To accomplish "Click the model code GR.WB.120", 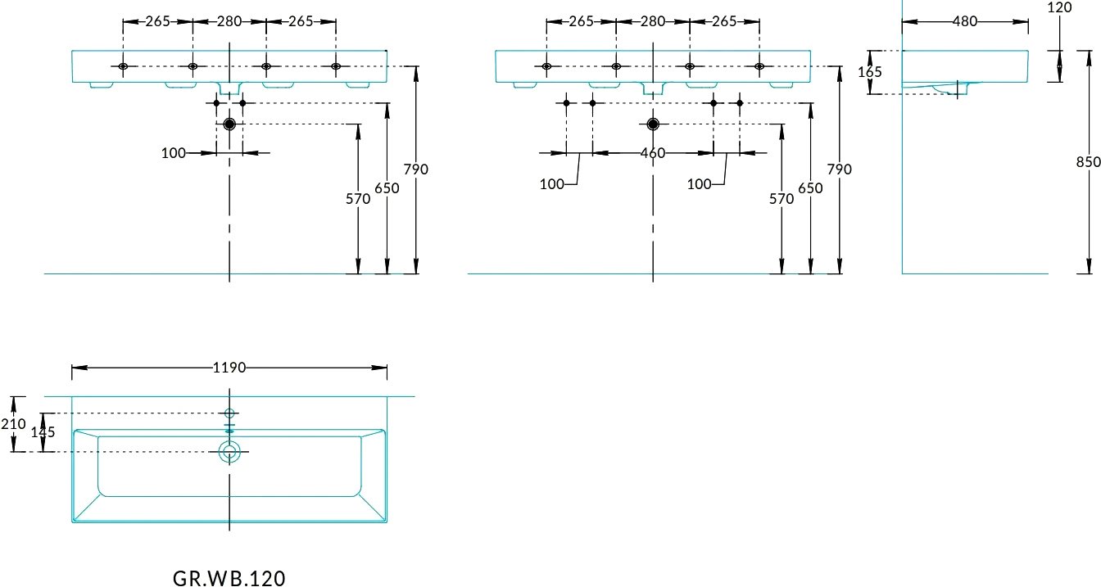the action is (x=229, y=578).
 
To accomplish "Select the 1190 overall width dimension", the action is (x=229, y=368).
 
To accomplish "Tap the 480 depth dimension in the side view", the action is (x=965, y=21).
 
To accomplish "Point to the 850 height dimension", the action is (x=1088, y=161).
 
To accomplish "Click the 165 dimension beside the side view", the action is (x=870, y=72).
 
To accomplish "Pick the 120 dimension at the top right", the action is (x=1059, y=7).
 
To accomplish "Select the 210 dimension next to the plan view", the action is (x=13, y=423).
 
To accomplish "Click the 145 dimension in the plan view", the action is (x=43, y=431).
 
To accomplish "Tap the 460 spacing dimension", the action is (x=653, y=153).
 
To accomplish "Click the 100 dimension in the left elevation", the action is (x=174, y=153).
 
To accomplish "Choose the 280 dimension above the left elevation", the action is (x=229, y=21).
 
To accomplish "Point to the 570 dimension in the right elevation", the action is (x=782, y=198).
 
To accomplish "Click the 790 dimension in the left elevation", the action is (x=416, y=169).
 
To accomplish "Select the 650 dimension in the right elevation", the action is (x=810, y=188).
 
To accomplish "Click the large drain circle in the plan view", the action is (x=229, y=451).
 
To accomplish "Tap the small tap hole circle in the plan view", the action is (x=229, y=413).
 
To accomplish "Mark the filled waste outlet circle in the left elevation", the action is (x=229, y=124).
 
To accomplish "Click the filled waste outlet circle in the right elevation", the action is (x=653, y=124).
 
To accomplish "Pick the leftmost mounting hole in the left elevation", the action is (x=123, y=66).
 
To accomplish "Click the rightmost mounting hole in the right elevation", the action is (x=759, y=66).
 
